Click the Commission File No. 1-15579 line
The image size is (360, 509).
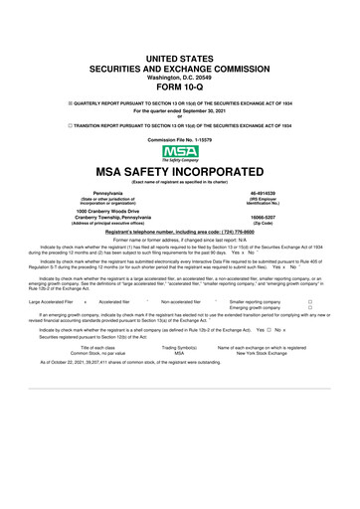[180, 138]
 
